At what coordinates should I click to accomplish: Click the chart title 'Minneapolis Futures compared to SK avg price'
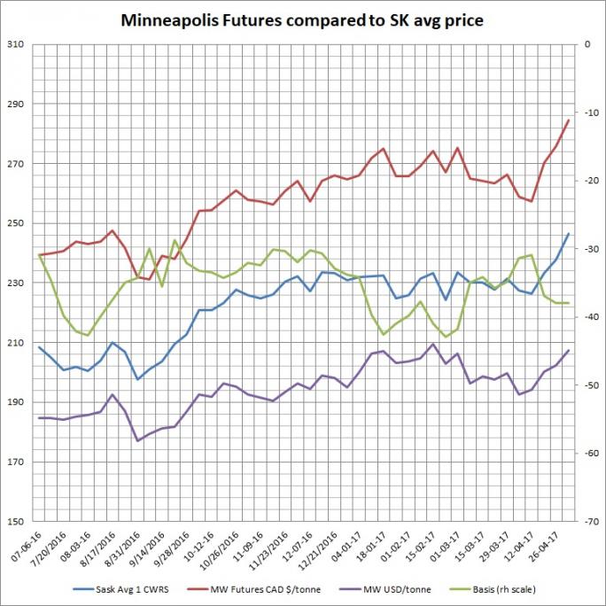tap(302, 20)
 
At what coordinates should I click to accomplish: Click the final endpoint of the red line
tap(568, 120)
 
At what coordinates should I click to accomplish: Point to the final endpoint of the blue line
tap(568, 233)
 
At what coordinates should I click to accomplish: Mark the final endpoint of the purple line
tap(568, 350)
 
